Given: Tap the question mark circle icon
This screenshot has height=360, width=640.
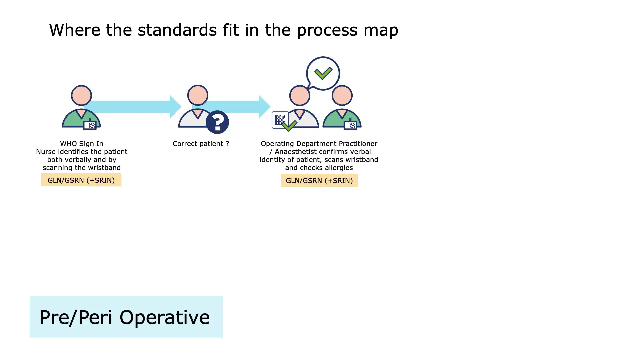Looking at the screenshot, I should tap(217, 122).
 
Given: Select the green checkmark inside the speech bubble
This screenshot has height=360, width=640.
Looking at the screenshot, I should tap(323, 73).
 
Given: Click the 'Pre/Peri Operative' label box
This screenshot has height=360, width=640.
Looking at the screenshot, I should tap(126, 317).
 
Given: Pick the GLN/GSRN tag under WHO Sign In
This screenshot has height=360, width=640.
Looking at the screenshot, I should tap(81, 180).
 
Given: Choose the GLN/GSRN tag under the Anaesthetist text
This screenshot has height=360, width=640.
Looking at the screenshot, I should tap(319, 181).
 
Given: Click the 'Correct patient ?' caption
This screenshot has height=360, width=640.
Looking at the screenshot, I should tap(201, 144).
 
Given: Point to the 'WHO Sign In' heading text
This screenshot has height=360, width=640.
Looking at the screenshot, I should tap(82, 144).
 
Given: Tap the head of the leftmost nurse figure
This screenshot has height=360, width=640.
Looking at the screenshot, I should tap(81, 95).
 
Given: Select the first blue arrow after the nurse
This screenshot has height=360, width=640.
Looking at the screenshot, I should tap(133, 107).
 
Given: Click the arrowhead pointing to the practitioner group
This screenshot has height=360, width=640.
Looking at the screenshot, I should tap(264, 107).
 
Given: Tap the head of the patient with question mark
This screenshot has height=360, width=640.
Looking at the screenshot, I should tap(198, 95).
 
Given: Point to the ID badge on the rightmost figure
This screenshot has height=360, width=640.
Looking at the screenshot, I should tap(351, 125).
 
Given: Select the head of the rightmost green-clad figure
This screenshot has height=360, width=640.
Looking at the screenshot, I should tap(342, 96).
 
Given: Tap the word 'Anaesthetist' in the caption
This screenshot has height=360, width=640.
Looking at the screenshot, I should tap(296, 152).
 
